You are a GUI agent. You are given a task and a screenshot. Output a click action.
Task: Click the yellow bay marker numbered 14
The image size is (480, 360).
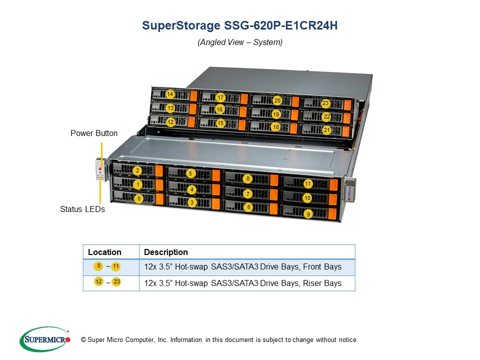pyautogui.click(x=170, y=94)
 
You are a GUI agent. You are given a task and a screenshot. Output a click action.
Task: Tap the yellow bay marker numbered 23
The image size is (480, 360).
pyautogui.click(x=325, y=103)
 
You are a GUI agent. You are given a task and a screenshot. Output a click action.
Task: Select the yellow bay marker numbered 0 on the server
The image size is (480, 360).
pyautogui.click(x=139, y=198)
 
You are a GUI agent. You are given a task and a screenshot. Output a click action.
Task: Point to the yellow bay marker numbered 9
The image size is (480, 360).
pyautogui.click(x=308, y=214)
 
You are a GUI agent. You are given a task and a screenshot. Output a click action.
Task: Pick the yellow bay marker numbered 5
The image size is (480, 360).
pyautogui.click(x=190, y=173)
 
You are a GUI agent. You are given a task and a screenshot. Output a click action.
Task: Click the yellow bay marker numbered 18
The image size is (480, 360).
pyautogui.click(x=276, y=127)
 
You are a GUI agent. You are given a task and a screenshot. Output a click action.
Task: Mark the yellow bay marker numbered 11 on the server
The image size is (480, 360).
pyautogui.click(x=308, y=183)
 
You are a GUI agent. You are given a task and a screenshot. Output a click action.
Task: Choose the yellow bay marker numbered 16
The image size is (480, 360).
pyautogui.click(x=219, y=109)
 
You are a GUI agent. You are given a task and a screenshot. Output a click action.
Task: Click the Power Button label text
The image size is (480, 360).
pyautogui.click(x=94, y=133)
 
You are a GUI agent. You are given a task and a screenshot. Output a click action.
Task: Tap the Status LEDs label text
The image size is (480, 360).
pyautogui.click(x=82, y=209)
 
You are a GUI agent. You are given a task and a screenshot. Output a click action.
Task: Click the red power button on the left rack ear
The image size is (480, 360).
pyautogui.click(x=100, y=168)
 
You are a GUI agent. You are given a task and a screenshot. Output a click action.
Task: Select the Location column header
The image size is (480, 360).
pyautogui.click(x=104, y=252)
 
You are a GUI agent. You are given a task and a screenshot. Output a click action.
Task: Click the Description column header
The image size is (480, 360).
pyautogui.click(x=166, y=252)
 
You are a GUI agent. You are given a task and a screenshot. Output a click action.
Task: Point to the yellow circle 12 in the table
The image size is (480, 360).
pyautogui.click(x=98, y=281)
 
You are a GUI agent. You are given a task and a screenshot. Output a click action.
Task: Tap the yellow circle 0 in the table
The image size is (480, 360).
pyautogui.click(x=98, y=266)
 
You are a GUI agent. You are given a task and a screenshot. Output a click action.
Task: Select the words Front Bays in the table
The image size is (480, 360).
pyautogui.click(x=322, y=266)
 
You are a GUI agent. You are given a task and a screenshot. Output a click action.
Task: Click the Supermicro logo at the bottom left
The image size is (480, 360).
pyautogui.click(x=45, y=339)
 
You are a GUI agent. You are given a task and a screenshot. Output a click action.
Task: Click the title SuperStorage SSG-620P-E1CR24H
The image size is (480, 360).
pyautogui.click(x=239, y=25)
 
